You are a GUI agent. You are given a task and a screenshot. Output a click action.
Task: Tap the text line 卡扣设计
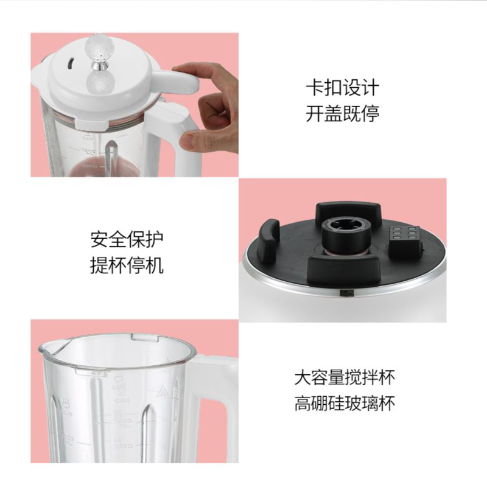(x=342, y=88)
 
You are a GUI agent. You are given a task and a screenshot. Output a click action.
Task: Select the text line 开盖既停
(x=342, y=114)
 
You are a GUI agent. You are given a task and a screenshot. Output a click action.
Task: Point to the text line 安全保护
(x=127, y=239)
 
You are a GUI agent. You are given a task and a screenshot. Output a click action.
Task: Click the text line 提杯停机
(x=127, y=265)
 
